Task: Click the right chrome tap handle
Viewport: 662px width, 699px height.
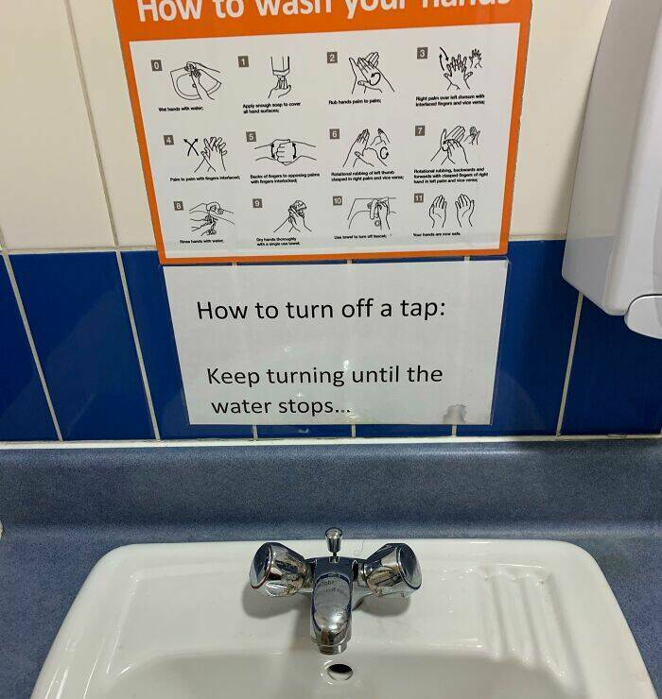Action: (392, 567)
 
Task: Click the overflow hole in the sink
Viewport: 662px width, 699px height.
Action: (339, 672)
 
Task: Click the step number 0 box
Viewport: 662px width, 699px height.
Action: (158, 62)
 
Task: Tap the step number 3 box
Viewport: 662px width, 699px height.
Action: (422, 53)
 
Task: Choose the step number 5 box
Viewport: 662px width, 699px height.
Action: (251, 136)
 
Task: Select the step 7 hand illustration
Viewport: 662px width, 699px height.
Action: (455, 146)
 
